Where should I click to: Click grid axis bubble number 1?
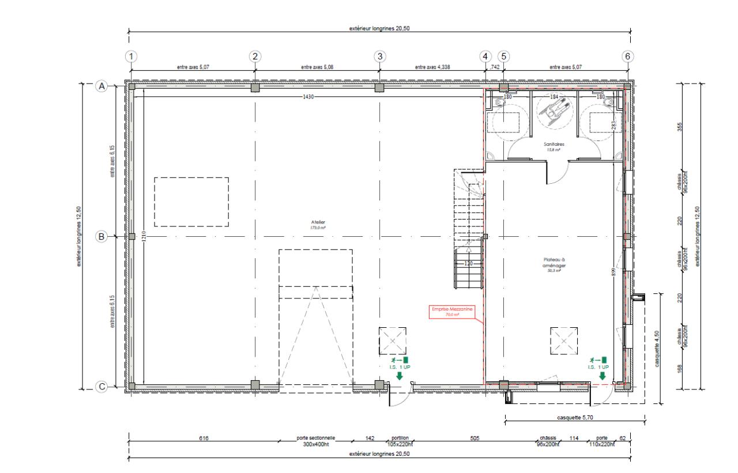pyautogui.click(x=132, y=56)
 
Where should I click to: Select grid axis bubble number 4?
pyautogui.click(x=485, y=56)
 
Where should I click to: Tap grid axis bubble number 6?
pyautogui.click(x=627, y=56)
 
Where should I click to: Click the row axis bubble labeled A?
pyautogui.click(x=101, y=86)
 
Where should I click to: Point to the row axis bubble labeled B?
pyautogui.click(x=101, y=236)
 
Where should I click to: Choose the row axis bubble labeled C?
pyautogui.click(x=101, y=387)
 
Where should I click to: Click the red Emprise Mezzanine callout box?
pyautogui.click(x=453, y=312)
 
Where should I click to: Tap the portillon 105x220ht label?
pyautogui.click(x=400, y=441)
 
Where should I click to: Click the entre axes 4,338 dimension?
pyautogui.click(x=432, y=67)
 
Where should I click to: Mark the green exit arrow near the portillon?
pyautogui.click(x=399, y=376)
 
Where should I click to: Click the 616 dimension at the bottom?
pyautogui.click(x=204, y=438)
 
